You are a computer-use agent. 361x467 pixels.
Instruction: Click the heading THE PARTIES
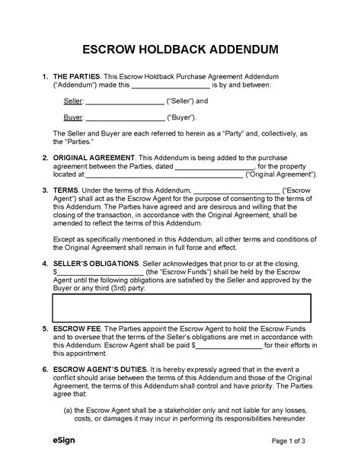click(x=77, y=78)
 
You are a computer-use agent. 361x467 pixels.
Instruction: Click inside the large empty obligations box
click(x=181, y=307)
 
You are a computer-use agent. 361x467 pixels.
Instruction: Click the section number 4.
click(x=45, y=263)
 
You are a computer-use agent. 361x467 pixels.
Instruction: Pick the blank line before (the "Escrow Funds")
click(x=100, y=272)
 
